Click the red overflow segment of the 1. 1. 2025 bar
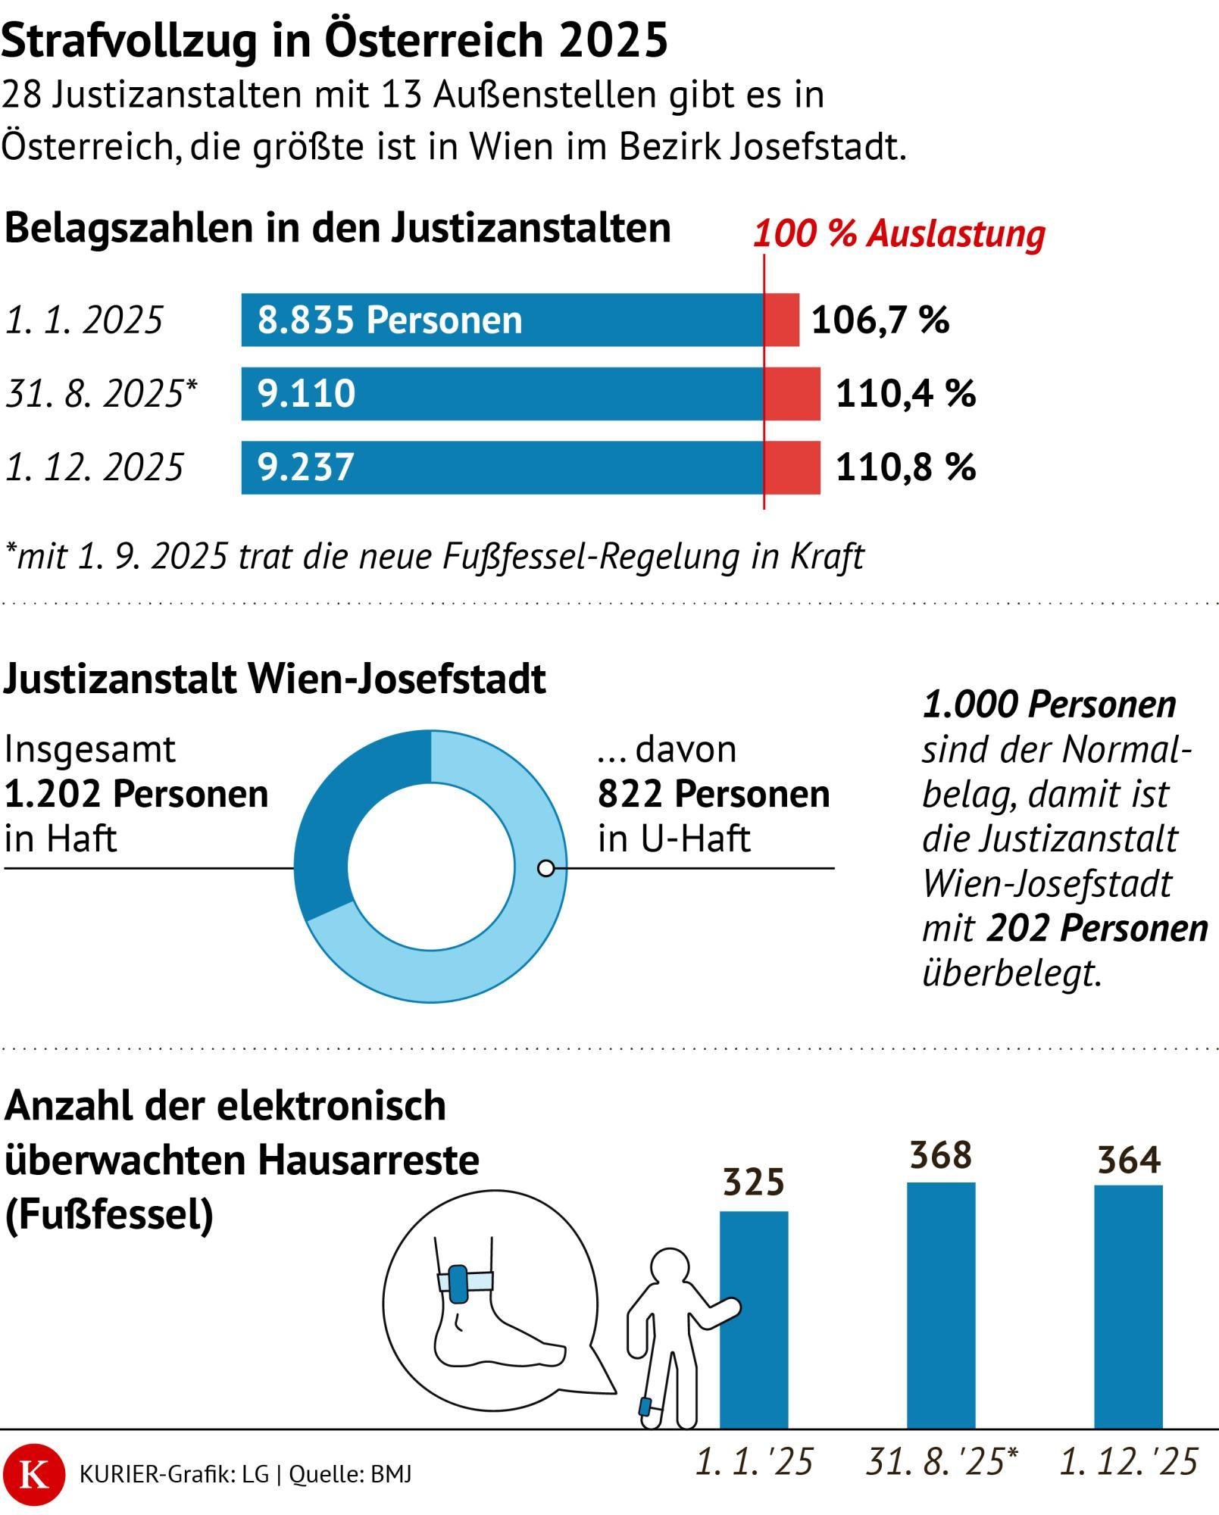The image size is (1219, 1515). pyautogui.click(x=781, y=320)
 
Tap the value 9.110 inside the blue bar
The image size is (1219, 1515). pyautogui.click(x=306, y=394)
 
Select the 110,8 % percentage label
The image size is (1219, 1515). pyautogui.click(x=905, y=467)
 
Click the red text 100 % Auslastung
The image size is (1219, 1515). pyautogui.click(x=899, y=233)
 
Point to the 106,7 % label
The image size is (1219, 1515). pyautogui.click(x=880, y=320)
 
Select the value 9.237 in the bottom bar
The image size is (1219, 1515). pyautogui.click(x=306, y=467)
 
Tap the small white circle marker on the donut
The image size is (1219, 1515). pyautogui.click(x=545, y=868)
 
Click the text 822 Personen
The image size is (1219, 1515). pyautogui.click(x=714, y=794)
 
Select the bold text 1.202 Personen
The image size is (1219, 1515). pyautogui.click(x=136, y=794)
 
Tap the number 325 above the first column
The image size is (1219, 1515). pyautogui.click(x=753, y=1182)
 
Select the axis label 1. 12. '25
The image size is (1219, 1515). pyautogui.click(x=1128, y=1462)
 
